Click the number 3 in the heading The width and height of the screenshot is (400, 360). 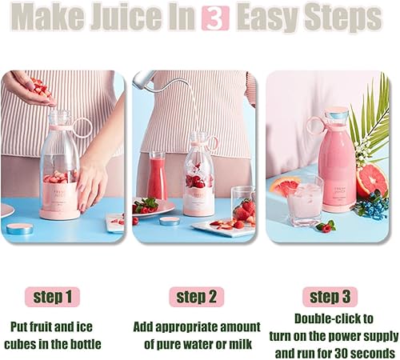pos(214,17)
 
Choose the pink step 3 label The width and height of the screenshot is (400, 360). pos(330,298)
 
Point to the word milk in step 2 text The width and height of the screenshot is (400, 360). pos(242,344)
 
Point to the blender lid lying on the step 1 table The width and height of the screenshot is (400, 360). pos(20,228)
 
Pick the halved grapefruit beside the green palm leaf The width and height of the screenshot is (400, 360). pos(370,181)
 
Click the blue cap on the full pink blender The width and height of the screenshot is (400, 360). pos(337,119)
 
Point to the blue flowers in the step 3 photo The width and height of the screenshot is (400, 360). pos(371,206)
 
